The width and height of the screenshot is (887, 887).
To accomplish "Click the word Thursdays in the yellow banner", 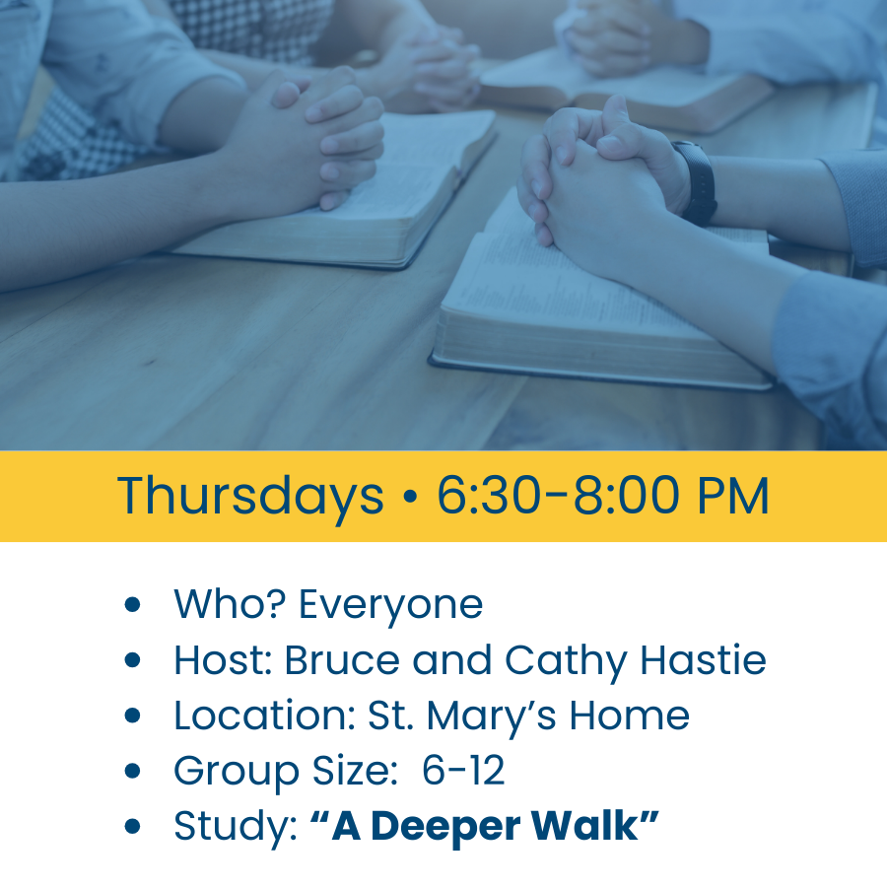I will (x=250, y=496).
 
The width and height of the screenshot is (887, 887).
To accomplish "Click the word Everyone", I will (x=390, y=604).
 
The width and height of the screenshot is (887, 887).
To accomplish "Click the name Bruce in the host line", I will (x=342, y=660).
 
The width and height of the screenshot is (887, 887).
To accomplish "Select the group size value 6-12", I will (x=463, y=771).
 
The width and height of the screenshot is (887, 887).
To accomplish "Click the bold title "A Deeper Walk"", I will (x=484, y=827).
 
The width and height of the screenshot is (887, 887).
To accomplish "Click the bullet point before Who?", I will (x=133, y=605).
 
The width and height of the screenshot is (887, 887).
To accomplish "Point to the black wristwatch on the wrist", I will (x=698, y=182).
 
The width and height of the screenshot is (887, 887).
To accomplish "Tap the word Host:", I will (x=223, y=660).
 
